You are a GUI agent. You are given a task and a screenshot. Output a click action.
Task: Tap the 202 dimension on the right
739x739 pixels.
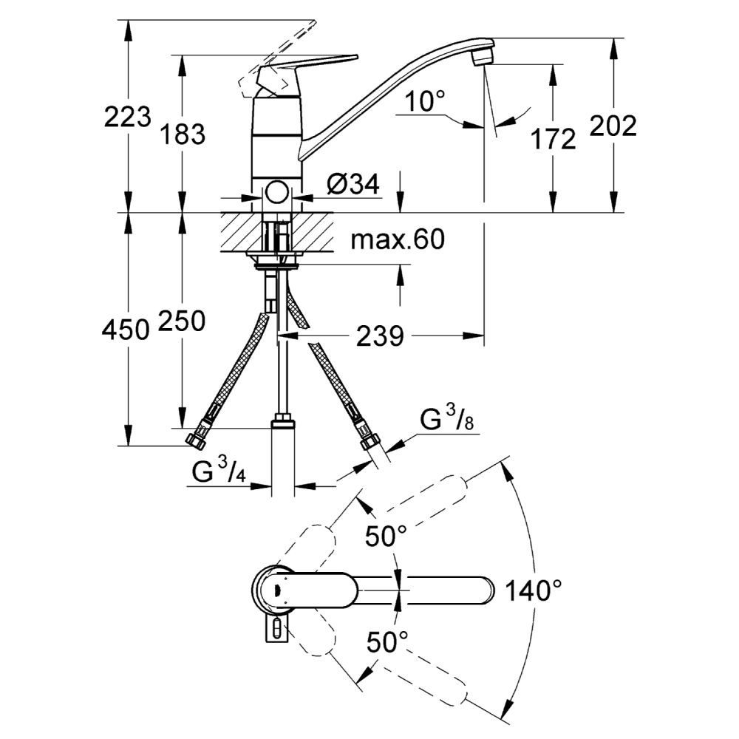(613, 126)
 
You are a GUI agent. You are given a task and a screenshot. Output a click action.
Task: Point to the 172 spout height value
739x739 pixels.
(552, 138)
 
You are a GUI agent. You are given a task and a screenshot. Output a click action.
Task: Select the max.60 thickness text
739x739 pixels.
(398, 239)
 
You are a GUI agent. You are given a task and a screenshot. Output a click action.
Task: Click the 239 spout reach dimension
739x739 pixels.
(380, 337)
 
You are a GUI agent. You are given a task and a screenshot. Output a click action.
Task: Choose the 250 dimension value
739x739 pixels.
(182, 321)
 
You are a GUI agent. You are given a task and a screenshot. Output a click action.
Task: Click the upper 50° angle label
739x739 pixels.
(386, 535)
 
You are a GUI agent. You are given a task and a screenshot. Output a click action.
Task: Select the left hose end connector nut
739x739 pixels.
(197, 440)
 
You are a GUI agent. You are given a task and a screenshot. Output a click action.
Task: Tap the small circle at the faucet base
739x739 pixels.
(277, 194)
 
